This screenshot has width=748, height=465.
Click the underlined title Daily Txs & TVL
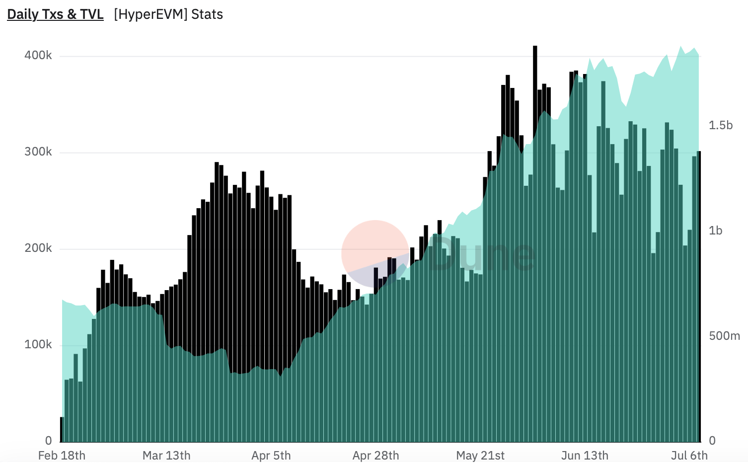[x=55, y=14]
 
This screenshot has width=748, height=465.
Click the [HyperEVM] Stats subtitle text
[x=168, y=14]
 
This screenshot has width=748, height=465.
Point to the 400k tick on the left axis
[x=38, y=55]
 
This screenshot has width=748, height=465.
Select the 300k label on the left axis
[x=38, y=152]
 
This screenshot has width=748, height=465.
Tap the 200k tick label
[x=38, y=248]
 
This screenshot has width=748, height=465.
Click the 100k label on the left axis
[x=38, y=344]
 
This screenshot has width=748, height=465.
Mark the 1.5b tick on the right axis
[x=721, y=125]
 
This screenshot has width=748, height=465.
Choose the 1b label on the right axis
[x=716, y=231]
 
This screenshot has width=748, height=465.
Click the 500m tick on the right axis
[x=724, y=336]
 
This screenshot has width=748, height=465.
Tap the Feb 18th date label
[x=62, y=456]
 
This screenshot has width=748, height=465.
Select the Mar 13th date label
[x=166, y=456]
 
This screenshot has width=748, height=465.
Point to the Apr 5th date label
[x=271, y=456]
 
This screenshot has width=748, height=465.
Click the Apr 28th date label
[x=376, y=456]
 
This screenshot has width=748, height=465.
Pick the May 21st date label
[x=480, y=456]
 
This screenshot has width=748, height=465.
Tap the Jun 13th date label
[x=585, y=456]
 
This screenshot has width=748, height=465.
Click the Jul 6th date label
[x=689, y=456]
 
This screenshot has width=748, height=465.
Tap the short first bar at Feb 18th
[x=62, y=430]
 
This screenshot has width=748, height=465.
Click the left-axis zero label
[x=48, y=441]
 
